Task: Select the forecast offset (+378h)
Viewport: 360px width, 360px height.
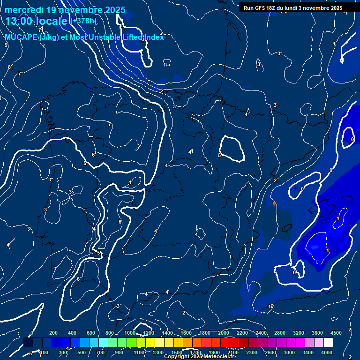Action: pyautogui.click(x=83, y=21)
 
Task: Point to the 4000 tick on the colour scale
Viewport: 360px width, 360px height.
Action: pyautogui.click(x=327, y=352)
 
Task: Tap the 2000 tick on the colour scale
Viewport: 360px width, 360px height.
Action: pyautogui.click(x=224, y=333)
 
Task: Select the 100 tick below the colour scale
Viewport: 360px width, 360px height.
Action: pyautogui.click(x=44, y=352)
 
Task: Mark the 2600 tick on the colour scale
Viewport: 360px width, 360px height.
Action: pyautogui.click(x=270, y=352)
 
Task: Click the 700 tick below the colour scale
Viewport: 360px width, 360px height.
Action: pyautogui.click(x=100, y=352)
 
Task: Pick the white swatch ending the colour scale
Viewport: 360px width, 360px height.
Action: pyautogui.click(x=328, y=343)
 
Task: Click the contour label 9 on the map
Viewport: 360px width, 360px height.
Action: pyautogui.click(x=6, y=45)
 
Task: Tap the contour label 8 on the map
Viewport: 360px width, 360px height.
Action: pyautogui.click(x=9, y=67)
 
